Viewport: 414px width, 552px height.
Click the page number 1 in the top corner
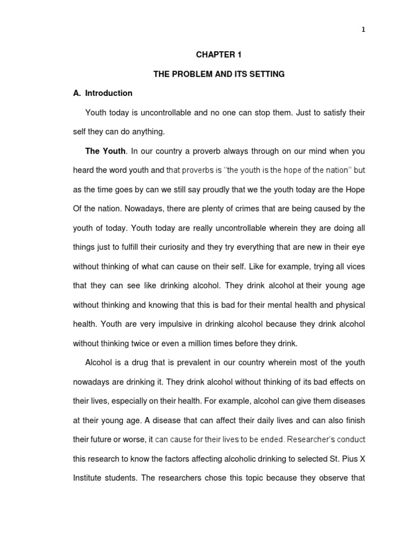coord(363,30)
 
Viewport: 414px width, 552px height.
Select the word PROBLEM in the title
coord(193,74)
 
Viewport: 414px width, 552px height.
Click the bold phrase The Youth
coord(105,151)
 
